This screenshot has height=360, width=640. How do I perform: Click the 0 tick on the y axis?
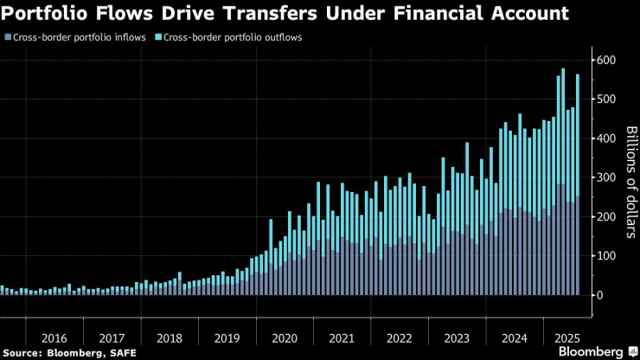[597, 295]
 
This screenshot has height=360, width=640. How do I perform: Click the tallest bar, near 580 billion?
[563, 182]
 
